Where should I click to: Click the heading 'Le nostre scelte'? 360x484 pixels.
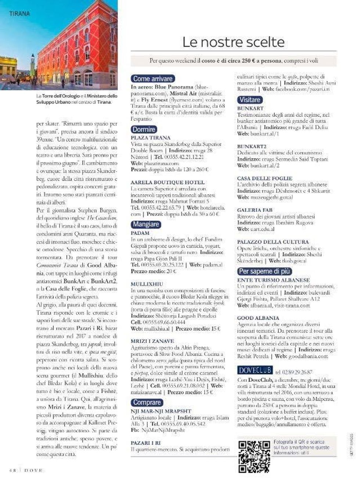coord(233,42)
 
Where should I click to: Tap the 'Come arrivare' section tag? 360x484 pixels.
coord(152,79)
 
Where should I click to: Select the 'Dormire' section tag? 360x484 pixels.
coord(144,129)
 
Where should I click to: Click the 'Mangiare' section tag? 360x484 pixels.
coord(146,224)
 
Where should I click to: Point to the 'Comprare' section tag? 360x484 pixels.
coord(147,402)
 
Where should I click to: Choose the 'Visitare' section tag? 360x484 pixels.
coord(250,100)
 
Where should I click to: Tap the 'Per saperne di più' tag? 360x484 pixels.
coord(264,271)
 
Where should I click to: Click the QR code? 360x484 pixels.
coord(254,456)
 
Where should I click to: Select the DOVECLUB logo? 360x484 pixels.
coord(255,370)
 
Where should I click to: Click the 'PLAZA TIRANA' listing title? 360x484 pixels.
coord(151,138)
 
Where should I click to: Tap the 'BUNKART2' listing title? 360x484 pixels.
coord(252,146)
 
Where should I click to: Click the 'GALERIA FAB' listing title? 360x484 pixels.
coord(255,210)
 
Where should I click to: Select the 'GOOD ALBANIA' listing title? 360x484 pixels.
coord(258,318)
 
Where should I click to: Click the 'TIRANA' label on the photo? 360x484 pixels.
coord(19,14)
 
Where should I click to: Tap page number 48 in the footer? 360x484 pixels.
coord(13,470)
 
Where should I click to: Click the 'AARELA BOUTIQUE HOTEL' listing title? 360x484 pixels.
coord(168,182)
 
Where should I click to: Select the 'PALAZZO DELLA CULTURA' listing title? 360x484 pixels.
coord(273,242)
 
